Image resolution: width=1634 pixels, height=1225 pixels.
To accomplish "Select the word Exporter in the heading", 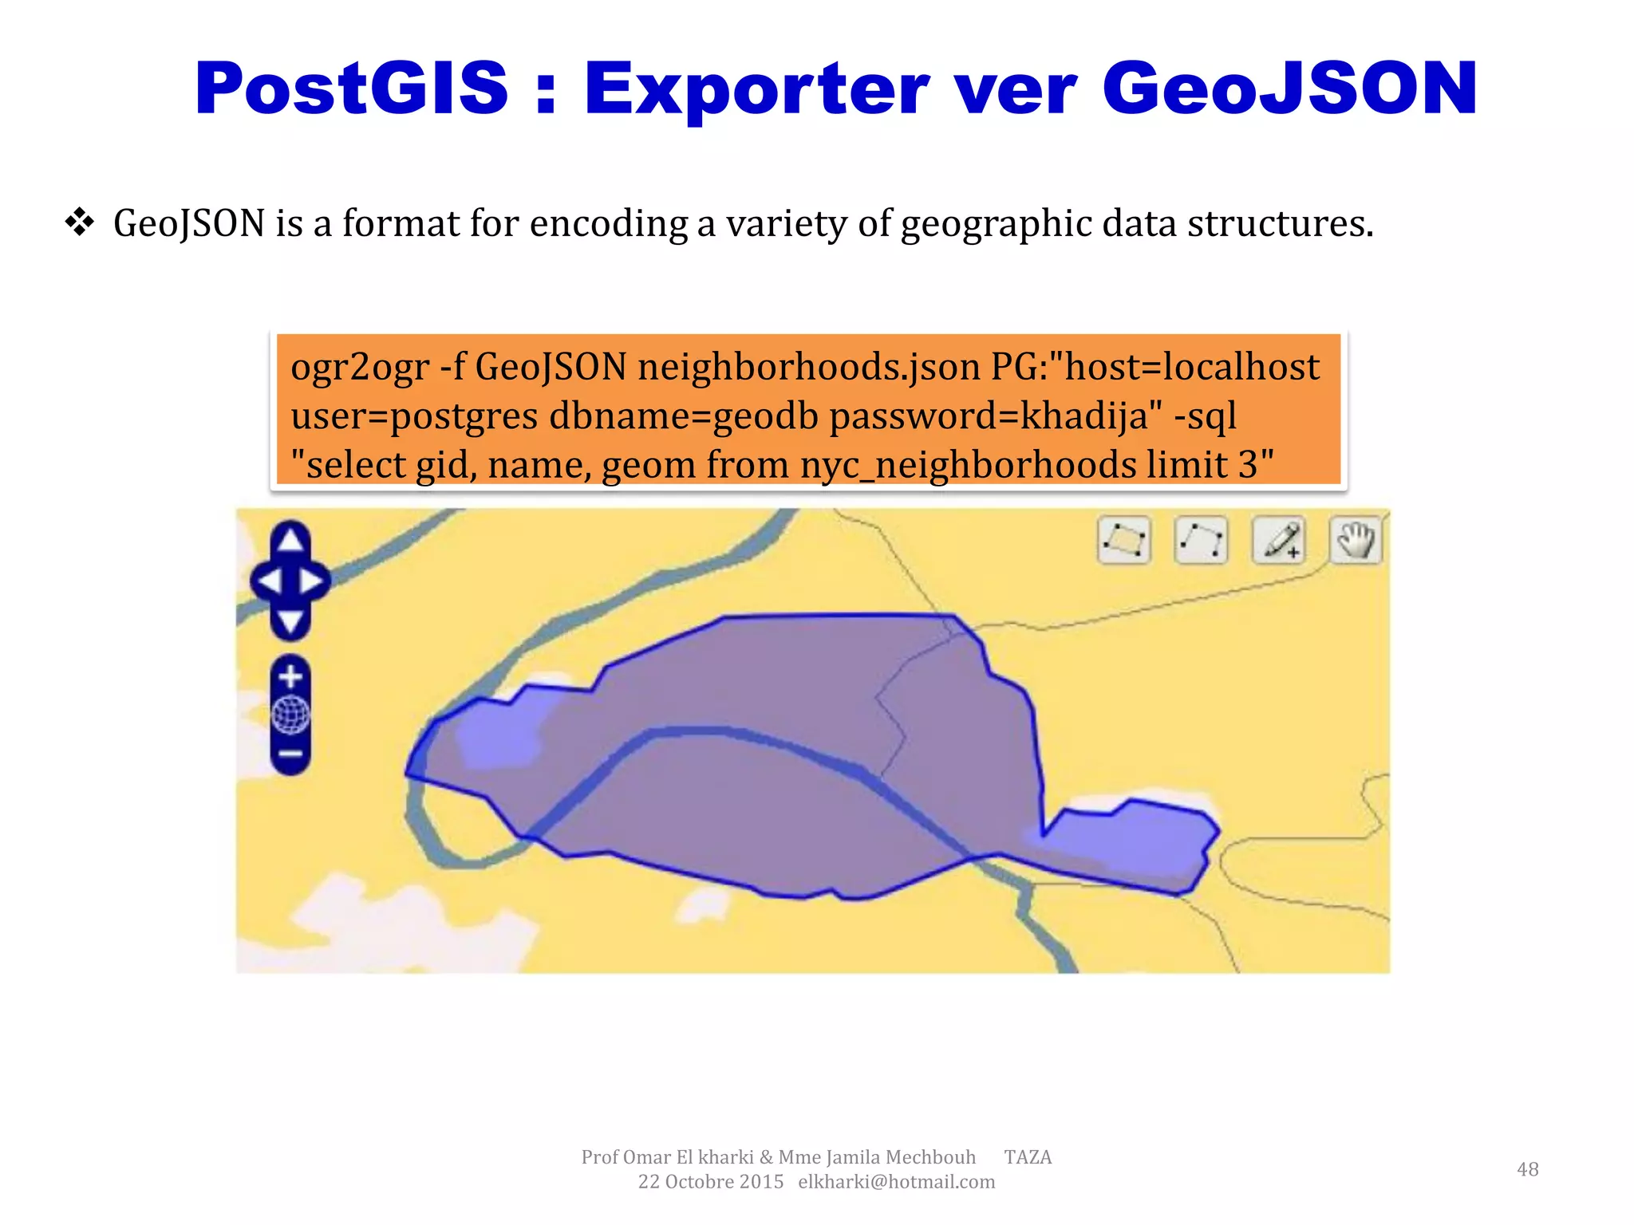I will tap(756, 89).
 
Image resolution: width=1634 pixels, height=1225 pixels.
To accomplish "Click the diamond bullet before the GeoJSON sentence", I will tap(80, 223).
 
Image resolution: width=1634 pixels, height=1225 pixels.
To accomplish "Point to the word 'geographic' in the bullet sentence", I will tap(996, 224).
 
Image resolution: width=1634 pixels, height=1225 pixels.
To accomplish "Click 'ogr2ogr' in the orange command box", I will tap(360, 368).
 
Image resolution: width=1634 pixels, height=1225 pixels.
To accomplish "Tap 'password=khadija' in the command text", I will tap(995, 416).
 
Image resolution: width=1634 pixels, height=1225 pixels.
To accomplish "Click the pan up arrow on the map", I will tap(290, 540).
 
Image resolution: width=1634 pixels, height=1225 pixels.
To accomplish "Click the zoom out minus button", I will tap(290, 754).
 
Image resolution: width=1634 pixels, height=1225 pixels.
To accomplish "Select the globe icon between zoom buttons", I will tap(290, 715).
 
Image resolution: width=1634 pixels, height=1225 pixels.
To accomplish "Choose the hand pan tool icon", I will tap(1356, 541).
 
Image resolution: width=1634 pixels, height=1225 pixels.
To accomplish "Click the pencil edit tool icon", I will tap(1279, 541).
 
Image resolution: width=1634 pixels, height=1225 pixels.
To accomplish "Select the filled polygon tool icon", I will tap(1123, 541).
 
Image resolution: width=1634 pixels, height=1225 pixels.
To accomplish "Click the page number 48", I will tap(1527, 1169).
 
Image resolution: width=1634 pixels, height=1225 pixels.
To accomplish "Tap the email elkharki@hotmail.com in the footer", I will tap(896, 1182).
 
